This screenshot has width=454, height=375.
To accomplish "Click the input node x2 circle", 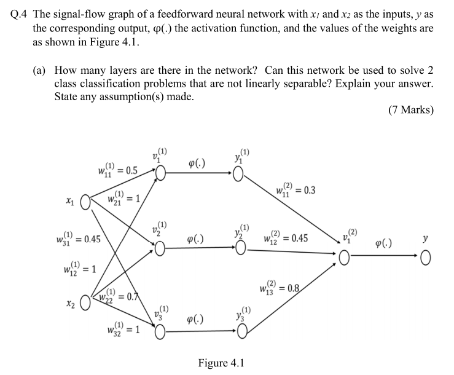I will [85, 304].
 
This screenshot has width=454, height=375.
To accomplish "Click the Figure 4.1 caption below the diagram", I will [221, 362].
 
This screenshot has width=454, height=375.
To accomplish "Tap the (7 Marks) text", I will [410, 110].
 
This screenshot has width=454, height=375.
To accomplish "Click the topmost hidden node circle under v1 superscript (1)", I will [160, 175].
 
